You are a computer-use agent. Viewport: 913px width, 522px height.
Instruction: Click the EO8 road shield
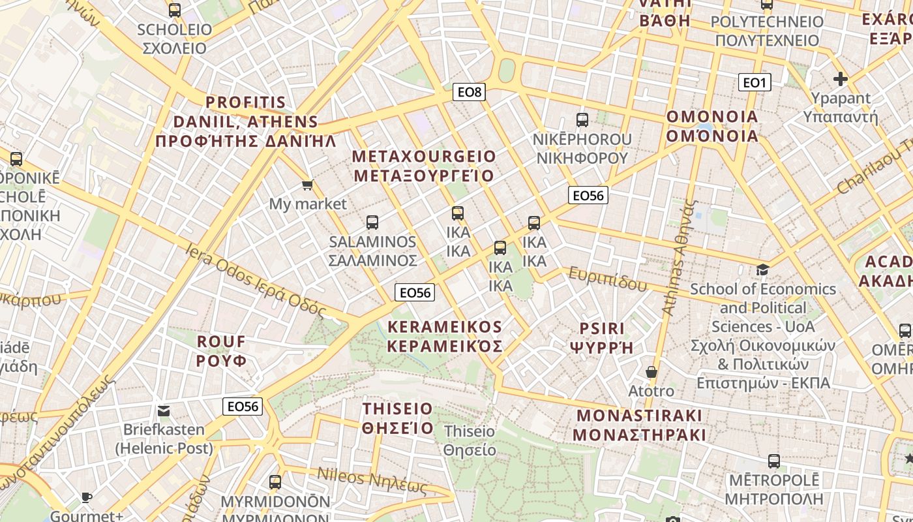click(x=469, y=92)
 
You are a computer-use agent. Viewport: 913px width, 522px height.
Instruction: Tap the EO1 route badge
click(x=754, y=82)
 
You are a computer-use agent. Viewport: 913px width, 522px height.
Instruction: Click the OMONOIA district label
click(x=711, y=127)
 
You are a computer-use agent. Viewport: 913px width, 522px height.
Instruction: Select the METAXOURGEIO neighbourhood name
click(x=424, y=166)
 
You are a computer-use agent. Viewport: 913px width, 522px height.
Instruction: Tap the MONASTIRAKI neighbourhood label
click(x=638, y=425)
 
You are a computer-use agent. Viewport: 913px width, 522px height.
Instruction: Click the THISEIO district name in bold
click(x=397, y=418)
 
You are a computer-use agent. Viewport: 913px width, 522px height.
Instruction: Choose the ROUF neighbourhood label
click(x=222, y=350)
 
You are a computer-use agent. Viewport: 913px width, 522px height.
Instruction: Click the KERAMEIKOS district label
click(x=445, y=336)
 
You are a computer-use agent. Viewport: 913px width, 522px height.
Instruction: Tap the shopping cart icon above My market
click(x=308, y=185)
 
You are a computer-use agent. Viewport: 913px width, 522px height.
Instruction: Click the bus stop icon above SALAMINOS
click(x=372, y=223)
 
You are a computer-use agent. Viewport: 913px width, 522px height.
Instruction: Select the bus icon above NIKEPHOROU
click(x=582, y=120)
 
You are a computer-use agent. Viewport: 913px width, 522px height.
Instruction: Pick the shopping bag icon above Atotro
click(x=651, y=372)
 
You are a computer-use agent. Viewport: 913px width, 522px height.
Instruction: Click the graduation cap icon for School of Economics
click(x=762, y=269)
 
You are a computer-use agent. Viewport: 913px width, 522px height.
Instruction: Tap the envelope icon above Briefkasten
click(x=164, y=411)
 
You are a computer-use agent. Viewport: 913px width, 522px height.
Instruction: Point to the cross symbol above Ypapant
click(x=841, y=80)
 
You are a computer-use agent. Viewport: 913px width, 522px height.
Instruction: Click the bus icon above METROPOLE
click(x=773, y=461)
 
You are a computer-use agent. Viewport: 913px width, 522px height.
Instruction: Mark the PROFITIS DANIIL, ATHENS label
click(x=246, y=121)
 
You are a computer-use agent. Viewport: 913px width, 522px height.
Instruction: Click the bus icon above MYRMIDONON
click(x=275, y=482)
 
